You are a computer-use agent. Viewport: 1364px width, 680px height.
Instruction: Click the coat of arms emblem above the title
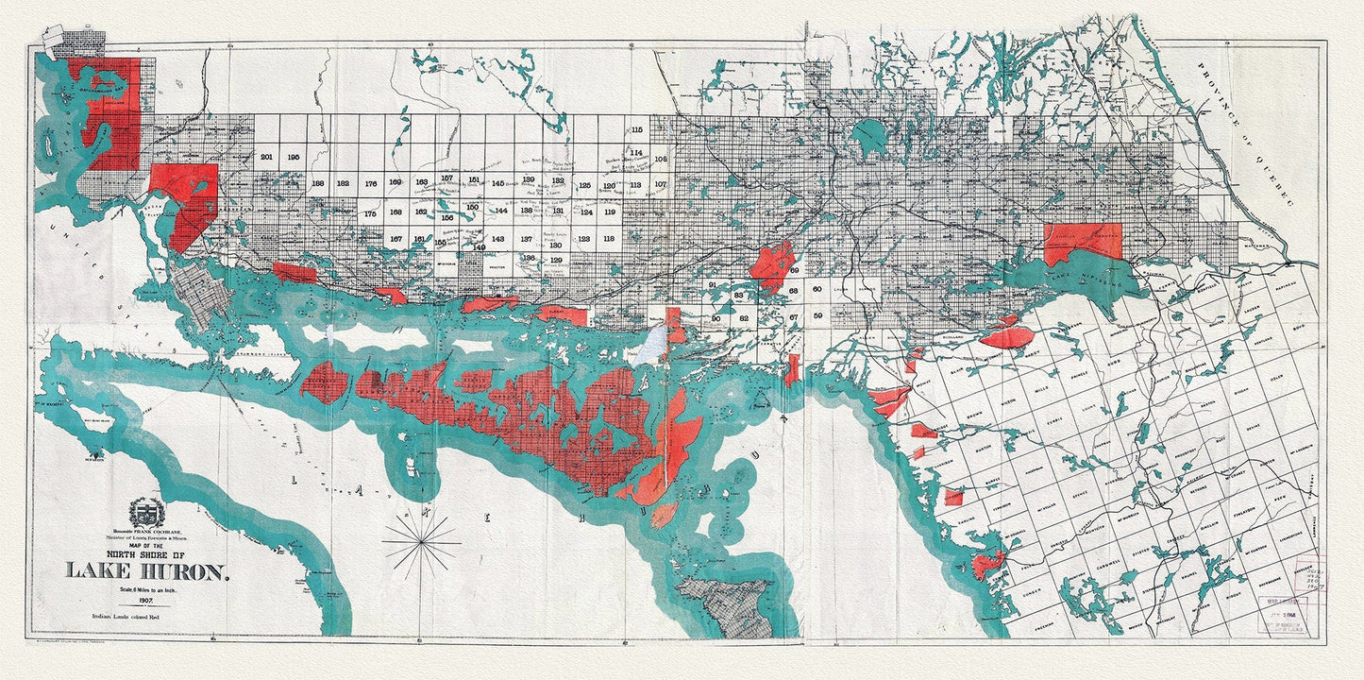coord(146,513)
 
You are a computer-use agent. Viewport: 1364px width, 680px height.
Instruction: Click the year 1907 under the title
coord(145,599)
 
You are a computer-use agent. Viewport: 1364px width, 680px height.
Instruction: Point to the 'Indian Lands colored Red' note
coord(145,615)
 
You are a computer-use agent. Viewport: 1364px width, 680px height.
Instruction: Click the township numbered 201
coord(266,157)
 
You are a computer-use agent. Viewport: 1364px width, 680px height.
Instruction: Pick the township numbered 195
coord(294,157)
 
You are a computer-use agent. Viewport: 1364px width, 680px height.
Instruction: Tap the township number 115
coord(636,129)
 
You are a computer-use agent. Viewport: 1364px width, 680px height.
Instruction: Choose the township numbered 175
coord(370,213)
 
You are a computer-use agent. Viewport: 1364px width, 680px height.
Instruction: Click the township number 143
coord(497,239)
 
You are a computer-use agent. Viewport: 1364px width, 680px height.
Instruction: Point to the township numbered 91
coord(713,284)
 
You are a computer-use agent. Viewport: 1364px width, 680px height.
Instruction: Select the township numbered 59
coord(817,315)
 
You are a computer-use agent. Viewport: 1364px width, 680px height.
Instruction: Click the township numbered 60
coord(817,289)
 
